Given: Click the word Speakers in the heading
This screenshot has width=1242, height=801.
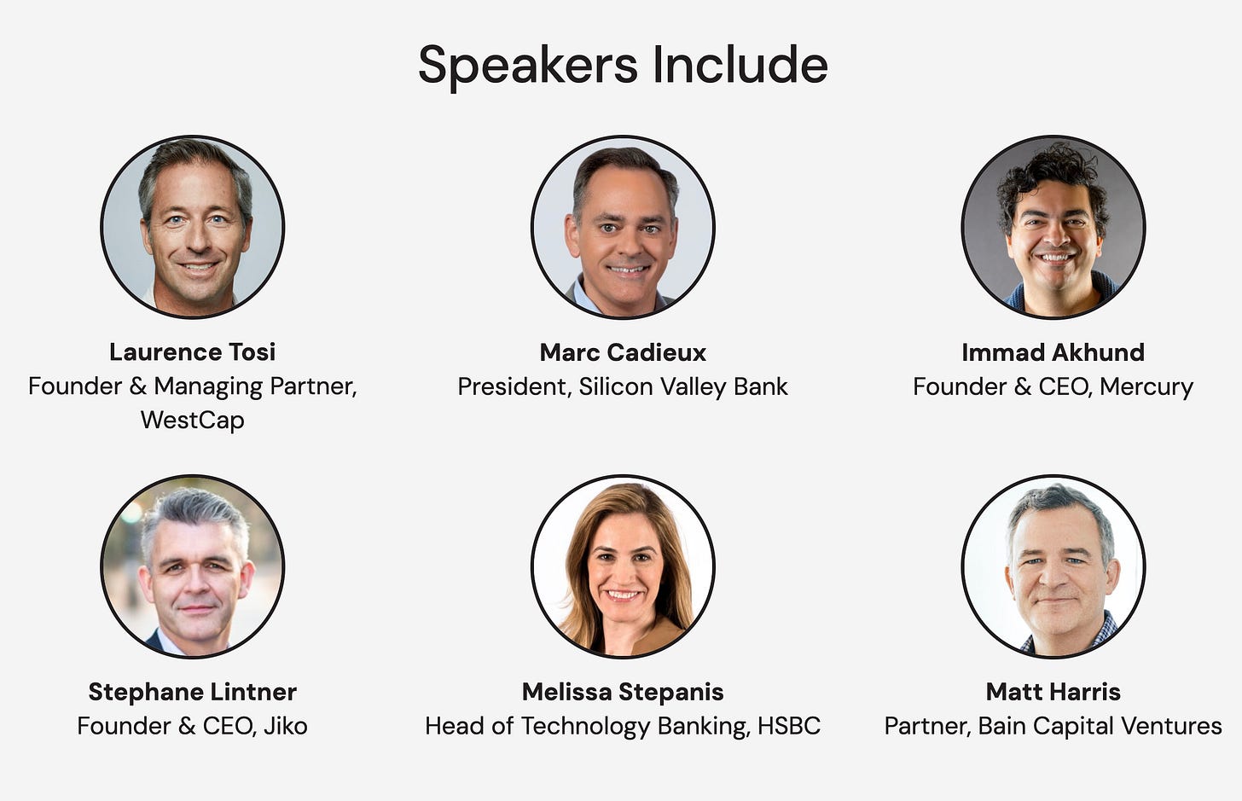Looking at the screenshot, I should tap(527, 66).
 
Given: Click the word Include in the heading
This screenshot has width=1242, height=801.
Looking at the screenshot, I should tap(740, 66).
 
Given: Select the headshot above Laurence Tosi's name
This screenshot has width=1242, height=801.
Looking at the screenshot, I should tap(193, 227).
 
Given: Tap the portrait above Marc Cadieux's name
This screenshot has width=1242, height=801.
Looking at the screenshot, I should tap(623, 227).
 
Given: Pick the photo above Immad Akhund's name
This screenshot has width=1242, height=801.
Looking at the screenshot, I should tap(1053, 227).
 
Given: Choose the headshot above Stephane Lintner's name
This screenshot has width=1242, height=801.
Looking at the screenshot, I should tap(193, 566).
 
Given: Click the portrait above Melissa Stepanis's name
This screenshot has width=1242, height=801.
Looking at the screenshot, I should tap(623, 566).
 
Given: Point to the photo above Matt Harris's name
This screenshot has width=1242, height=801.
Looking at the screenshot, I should tap(1053, 566).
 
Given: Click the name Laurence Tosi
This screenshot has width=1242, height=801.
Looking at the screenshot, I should tap(193, 351).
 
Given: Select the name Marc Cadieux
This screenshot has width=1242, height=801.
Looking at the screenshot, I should tap(623, 351).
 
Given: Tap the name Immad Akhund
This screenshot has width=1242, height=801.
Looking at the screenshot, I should tap(1053, 351).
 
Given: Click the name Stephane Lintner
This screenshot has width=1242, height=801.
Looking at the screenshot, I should tap(193, 691).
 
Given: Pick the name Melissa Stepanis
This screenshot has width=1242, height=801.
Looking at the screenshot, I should tap(623, 691).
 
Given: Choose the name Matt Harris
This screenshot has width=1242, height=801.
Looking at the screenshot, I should tap(1053, 691).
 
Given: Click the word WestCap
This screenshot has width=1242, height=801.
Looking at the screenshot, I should tap(193, 420).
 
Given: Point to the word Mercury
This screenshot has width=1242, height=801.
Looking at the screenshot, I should tap(1146, 386).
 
